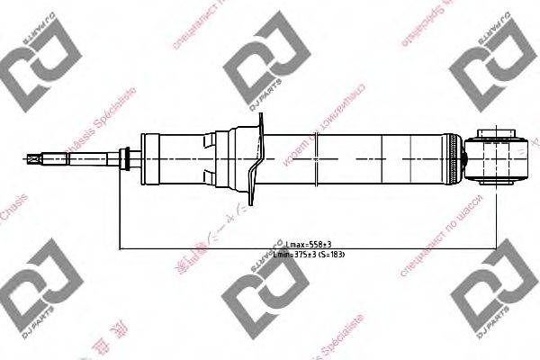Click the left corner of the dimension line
coord(121,248)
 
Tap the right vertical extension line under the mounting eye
coord(496,216)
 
